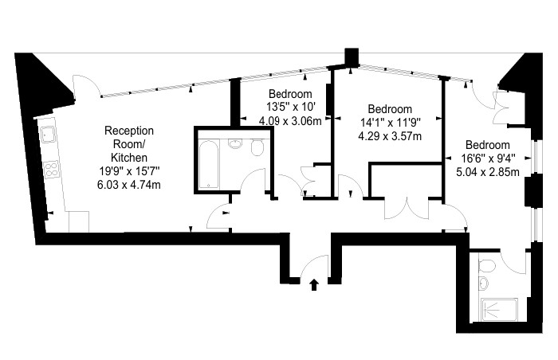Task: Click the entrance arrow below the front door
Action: (x=314, y=284)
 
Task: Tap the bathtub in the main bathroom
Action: (x=208, y=164)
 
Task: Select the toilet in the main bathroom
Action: (x=257, y=147)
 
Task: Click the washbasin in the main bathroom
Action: (x=234, y=143)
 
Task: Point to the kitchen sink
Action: (x=47, y=135)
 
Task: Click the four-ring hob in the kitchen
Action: (x=52, y=170)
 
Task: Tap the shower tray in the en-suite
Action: (x=498, y=310)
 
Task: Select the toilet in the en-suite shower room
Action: (x=486, y=265)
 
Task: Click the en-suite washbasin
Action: (x=483, y=284)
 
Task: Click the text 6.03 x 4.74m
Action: (x=129, y=185)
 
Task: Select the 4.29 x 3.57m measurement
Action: (x=390, y=136)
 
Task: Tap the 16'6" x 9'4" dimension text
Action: (x=488, y=158)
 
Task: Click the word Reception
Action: (x=129, y=131)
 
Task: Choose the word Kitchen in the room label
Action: (x=129, y=158)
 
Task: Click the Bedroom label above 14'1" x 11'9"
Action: (x=390, y=108)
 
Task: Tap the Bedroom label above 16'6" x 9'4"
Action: (x=488, y=145)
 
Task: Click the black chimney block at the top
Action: (x=352, y=57)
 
